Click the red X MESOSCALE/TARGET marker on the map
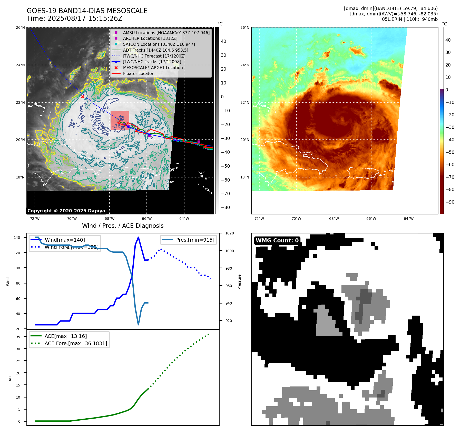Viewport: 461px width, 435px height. [83, 97]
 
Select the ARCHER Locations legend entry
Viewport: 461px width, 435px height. [150, 39]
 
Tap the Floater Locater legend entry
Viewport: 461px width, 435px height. [138, 74]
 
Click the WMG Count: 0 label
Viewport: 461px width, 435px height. [277, 241]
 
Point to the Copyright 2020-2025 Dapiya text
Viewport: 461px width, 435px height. [66, 211]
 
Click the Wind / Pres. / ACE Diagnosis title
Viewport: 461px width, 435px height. [123, 226]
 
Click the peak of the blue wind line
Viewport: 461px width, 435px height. [139, 237]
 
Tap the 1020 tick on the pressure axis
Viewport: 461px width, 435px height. [229, 233]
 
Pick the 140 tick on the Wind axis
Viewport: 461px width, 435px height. [17, 238]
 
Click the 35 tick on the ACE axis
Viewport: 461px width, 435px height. [18, 337]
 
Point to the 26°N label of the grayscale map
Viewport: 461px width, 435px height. [21, 27]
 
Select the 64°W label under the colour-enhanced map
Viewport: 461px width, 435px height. [408, 219]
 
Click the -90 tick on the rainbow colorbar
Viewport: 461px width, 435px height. [450, 202]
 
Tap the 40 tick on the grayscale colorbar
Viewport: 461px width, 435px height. [223, 41]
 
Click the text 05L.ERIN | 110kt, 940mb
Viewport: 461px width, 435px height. [410, 19]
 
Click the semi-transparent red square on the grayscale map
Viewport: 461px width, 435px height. [120, 120]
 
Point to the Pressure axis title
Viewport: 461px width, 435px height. [239, 282]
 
